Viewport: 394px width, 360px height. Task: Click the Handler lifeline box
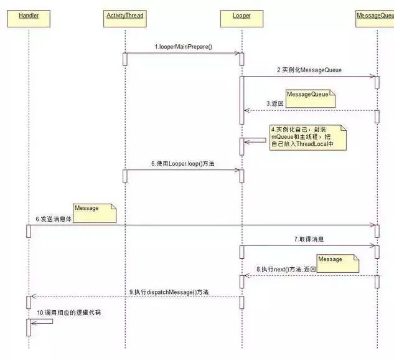click(29, 15)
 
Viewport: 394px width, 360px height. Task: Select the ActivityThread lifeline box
click(124, 15)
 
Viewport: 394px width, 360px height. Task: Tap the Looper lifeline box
click(242, 15)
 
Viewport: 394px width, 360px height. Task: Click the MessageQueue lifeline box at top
click(375, 15)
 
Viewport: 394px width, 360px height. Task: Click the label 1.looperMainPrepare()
click(184, 47)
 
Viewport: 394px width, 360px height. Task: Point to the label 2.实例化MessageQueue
click(309, 70)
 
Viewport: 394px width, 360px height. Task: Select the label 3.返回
click(276, 104)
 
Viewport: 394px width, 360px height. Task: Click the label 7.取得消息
click(309, 239)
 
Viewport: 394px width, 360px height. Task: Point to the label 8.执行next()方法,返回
click(286, 269)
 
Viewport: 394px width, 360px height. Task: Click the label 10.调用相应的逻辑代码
click(68, 312)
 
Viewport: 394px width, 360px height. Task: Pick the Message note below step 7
click(337, 260)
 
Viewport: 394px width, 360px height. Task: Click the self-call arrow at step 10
click(42, 322)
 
